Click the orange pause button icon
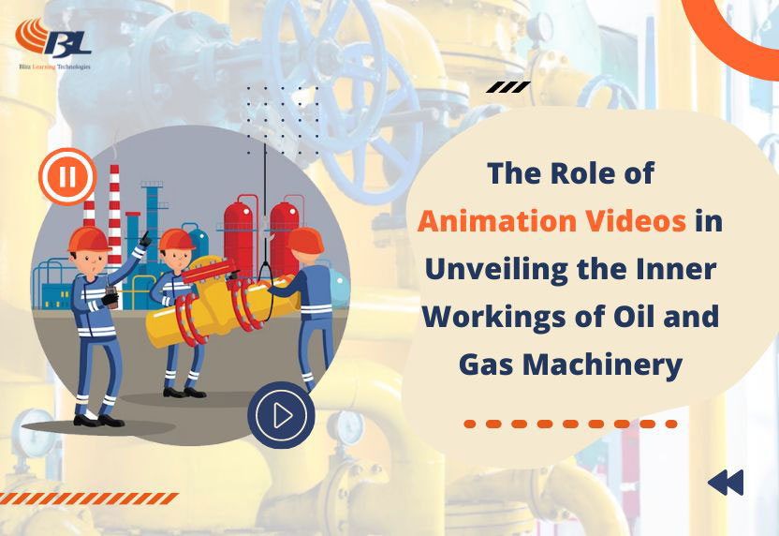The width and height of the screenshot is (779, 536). pyautogui.click(x=67, y=176)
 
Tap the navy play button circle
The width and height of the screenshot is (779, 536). pyautogui.click(x=281, y=415)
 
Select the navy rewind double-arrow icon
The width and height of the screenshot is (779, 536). pyautogui.click(x=726, y=483)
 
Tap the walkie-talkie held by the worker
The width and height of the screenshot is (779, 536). pyautogui.click(x=111, y=297)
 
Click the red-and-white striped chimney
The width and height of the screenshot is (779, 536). pyautogui.click(x=115, y=214)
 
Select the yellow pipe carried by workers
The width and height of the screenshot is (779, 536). pyautogui.click(x=223, y=304)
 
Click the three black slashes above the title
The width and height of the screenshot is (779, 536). pyautogui.click(x=507, y=87)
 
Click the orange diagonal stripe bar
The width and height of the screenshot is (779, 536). pyautogui.click(x=89, y=499)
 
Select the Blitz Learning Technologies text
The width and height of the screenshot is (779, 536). pyautogui.click(x=54, y=67)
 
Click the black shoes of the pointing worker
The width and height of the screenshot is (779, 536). pyautogui.click(x=98, y=420)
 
